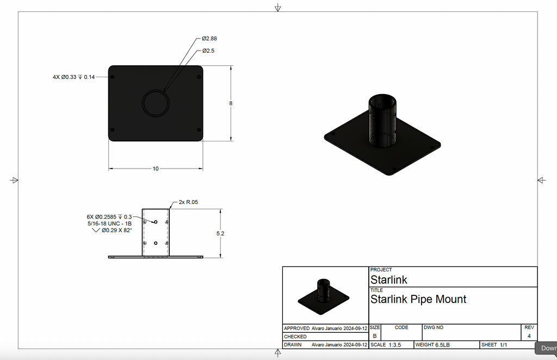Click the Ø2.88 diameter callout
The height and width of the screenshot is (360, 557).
[x=209, y=39]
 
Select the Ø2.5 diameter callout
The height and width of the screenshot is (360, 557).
[x=208, y=51]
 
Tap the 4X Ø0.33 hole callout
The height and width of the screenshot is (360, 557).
[x=73, y=77]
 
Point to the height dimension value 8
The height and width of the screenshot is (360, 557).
[x=231, y=103]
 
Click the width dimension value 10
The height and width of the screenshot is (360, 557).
[x=156, y=169]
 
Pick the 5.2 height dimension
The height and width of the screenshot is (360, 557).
[x=220, y=233]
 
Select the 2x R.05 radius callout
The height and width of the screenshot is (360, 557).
[x=188, y=202]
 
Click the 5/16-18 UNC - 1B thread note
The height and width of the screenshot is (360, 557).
[x=109, y=224]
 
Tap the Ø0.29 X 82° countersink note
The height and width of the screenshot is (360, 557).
[x=113, y=231]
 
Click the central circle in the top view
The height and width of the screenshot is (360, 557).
[x=156, y=103]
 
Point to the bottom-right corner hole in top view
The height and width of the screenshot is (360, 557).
[x=199, y=130]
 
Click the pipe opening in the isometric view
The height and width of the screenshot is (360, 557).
[x=383, y=101]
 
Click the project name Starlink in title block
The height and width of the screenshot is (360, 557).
[x=388, y=280]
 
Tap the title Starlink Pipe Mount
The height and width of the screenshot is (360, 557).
[x=418, y=299]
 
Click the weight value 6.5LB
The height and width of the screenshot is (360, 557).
[x=442, y=345]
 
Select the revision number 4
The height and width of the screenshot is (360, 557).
[x=529, y=336]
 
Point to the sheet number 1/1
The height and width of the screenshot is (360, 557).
[x=503, y=345]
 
